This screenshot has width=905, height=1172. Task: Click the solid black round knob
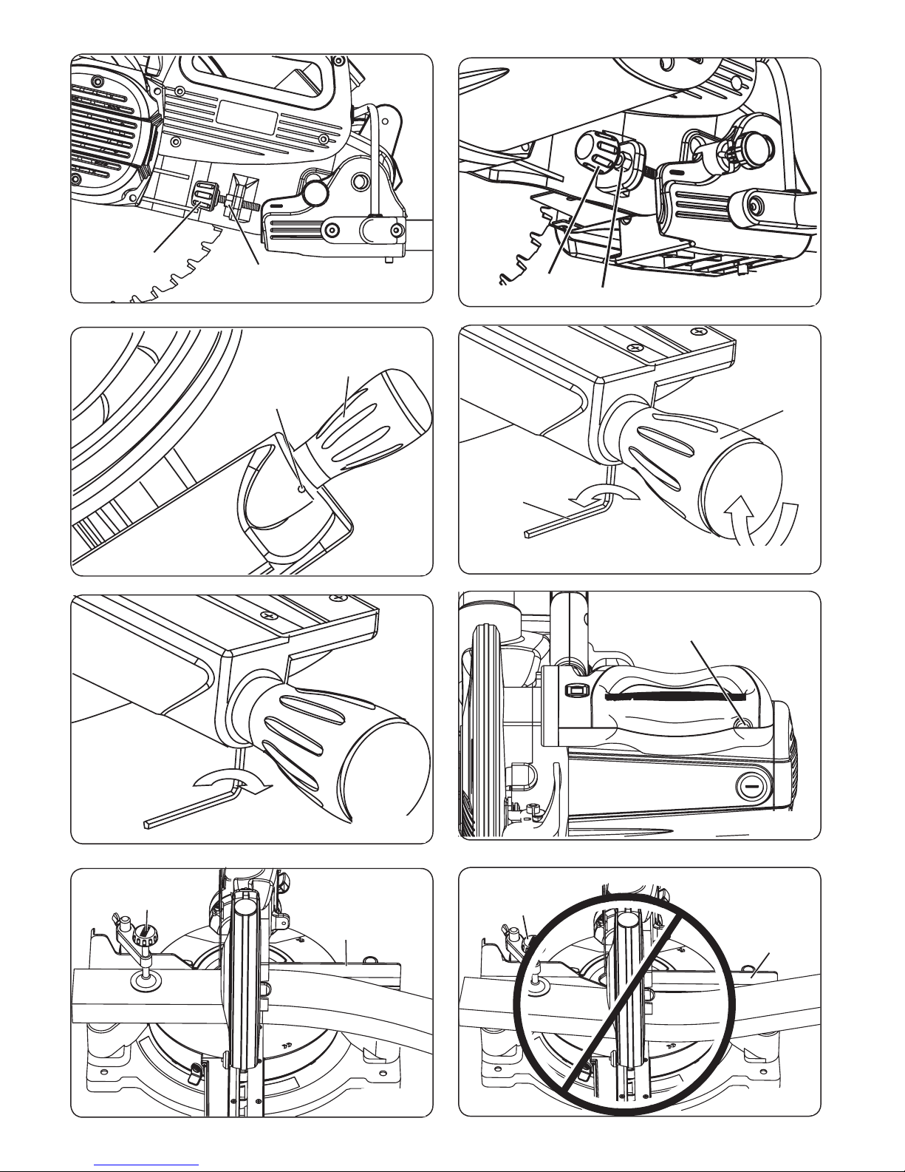click(x=317, y=193)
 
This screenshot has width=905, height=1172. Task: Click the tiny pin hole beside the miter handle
click(x=301, y=488)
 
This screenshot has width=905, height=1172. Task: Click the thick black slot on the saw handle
click(x=680, y=697)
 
